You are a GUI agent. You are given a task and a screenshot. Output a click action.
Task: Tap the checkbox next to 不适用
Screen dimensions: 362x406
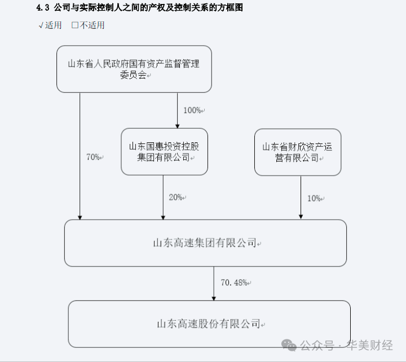(75, 25)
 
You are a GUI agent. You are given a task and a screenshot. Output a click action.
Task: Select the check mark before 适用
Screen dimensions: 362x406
(41, 25)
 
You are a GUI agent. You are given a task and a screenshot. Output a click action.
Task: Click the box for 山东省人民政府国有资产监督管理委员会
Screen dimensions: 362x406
(134, 69)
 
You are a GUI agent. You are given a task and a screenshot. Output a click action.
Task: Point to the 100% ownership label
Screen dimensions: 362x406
(193, 110)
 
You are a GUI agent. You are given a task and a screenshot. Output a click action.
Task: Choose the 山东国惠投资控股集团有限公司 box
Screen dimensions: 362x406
(164, 151)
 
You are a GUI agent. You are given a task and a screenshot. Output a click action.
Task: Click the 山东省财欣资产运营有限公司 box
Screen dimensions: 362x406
(297, 152)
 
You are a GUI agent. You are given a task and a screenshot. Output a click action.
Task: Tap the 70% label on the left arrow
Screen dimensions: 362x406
(94, 157)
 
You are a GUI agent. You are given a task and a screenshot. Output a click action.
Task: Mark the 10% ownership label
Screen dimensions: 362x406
(315, 198)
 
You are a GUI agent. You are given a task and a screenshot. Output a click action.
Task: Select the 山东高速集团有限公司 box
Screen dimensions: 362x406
(205, 243)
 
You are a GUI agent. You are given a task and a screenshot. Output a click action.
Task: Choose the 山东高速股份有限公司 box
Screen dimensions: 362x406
(209, 324)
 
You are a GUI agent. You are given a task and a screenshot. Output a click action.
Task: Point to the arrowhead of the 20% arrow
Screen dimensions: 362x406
(164, 216)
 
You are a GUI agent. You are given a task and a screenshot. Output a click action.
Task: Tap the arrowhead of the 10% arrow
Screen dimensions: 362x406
(300, 216)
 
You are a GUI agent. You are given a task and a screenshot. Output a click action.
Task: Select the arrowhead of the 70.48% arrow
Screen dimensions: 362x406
(214, 297)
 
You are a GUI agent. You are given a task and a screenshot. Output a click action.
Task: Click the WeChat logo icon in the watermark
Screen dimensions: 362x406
(289, 344)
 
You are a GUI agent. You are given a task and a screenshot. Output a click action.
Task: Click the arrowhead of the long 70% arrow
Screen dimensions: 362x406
(80, 216)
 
